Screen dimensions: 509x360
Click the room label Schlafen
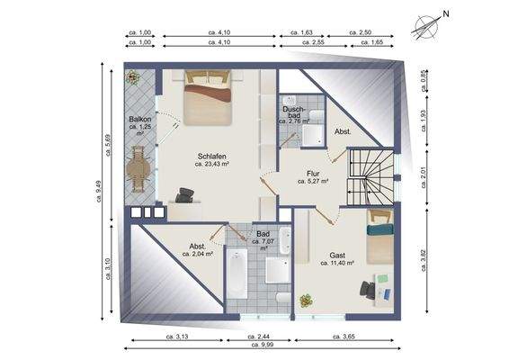tap(212, 157)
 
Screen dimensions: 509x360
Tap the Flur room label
tap(313, 174)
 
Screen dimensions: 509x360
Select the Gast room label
tap(337, 255)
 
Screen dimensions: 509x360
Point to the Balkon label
tap(140, 119)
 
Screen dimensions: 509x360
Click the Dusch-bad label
tap(294, 112)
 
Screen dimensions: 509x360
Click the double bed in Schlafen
tap(208, 97)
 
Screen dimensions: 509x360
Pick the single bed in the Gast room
tap(380, 237)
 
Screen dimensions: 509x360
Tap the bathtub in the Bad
tap(237, 274)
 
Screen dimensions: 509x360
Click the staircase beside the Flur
tap(371, 176)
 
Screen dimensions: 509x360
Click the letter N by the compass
tap(446, 14)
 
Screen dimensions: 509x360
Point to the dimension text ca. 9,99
tap(263, 345)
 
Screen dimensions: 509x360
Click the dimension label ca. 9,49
tap(99, 192)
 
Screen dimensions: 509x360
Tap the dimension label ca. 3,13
tap(177, 337)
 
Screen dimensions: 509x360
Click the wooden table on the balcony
tap(138, 169)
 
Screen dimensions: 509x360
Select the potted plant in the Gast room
tap(306, 301)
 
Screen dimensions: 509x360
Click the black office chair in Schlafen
tap(184, 195)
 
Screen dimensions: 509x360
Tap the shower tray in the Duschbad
tap(313, 135)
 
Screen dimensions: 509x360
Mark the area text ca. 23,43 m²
tap(212, 164)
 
